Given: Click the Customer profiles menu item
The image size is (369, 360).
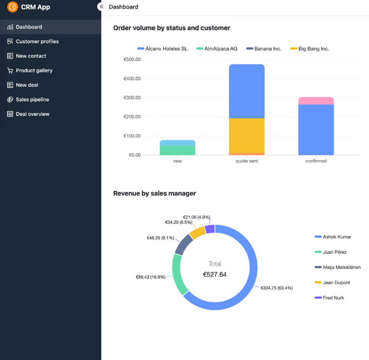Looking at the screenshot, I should [37, 41].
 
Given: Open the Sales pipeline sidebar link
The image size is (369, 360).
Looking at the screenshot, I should [32, 99].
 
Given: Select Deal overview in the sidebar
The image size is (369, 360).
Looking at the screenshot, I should [32, 114].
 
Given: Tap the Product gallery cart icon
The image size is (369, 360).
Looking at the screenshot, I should [10, 71].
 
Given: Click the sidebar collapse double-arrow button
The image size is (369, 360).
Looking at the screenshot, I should [101, 7].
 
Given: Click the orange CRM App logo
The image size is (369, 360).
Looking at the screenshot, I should [12, 7].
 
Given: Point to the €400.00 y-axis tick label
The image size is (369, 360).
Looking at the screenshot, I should [132, 78].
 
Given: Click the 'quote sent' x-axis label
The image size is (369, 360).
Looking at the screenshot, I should [246, 161].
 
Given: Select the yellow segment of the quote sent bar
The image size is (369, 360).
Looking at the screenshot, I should [246, 135].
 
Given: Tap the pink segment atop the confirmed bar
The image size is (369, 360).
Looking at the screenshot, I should [316, 100].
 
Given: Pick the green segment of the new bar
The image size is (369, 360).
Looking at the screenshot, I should [177, 150].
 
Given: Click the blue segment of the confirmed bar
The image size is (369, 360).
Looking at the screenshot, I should [316, 129].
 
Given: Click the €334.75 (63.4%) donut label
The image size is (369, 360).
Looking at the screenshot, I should [276, 288].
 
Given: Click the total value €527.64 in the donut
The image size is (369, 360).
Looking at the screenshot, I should [215, 274].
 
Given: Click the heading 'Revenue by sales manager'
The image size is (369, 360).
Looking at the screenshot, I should [154, 193].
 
